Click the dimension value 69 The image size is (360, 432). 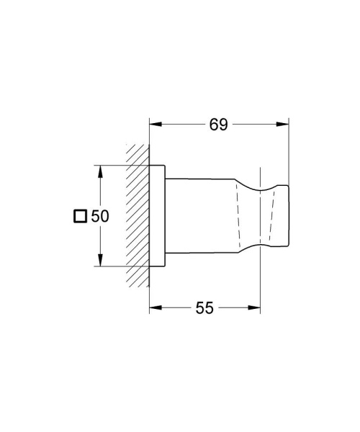[219, 125]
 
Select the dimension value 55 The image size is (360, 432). [205, 307]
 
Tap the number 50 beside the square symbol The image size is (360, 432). [99, 216]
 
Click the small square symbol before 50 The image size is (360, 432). [81, 216]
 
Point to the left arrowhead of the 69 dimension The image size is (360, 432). [154, 125]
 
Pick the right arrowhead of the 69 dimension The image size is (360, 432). [284, 125]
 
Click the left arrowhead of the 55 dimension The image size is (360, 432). [154, 307]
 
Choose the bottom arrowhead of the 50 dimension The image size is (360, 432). [100, 262]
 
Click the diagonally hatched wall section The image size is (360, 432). [138, 216]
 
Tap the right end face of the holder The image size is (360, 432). [289, 216]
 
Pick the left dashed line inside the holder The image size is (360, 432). [236, 216]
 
